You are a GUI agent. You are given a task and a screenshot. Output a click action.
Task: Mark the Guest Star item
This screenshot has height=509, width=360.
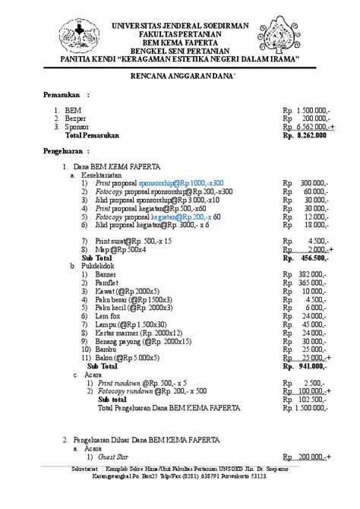111,457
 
